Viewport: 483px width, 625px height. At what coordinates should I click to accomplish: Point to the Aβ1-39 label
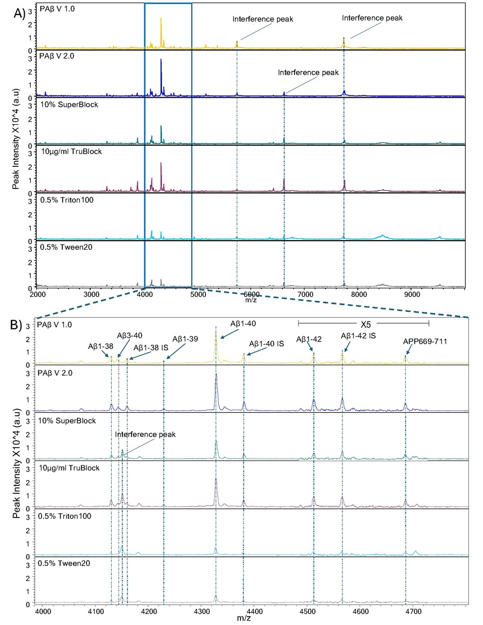(x=185, y=339)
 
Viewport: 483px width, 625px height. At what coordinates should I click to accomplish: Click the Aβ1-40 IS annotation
(x=266, y=344)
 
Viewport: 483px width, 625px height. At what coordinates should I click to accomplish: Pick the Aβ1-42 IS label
(x=358, y=336)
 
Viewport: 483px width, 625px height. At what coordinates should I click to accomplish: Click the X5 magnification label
(x=363, y=323)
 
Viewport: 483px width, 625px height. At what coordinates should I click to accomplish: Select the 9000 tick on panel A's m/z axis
(x=412, y=294)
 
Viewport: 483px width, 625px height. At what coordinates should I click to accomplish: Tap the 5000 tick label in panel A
(x=198, y=294)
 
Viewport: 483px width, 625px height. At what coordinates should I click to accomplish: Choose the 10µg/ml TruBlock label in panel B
(x=69, y=468)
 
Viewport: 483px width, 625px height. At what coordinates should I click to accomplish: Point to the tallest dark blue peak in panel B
(x=216, y=375)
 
